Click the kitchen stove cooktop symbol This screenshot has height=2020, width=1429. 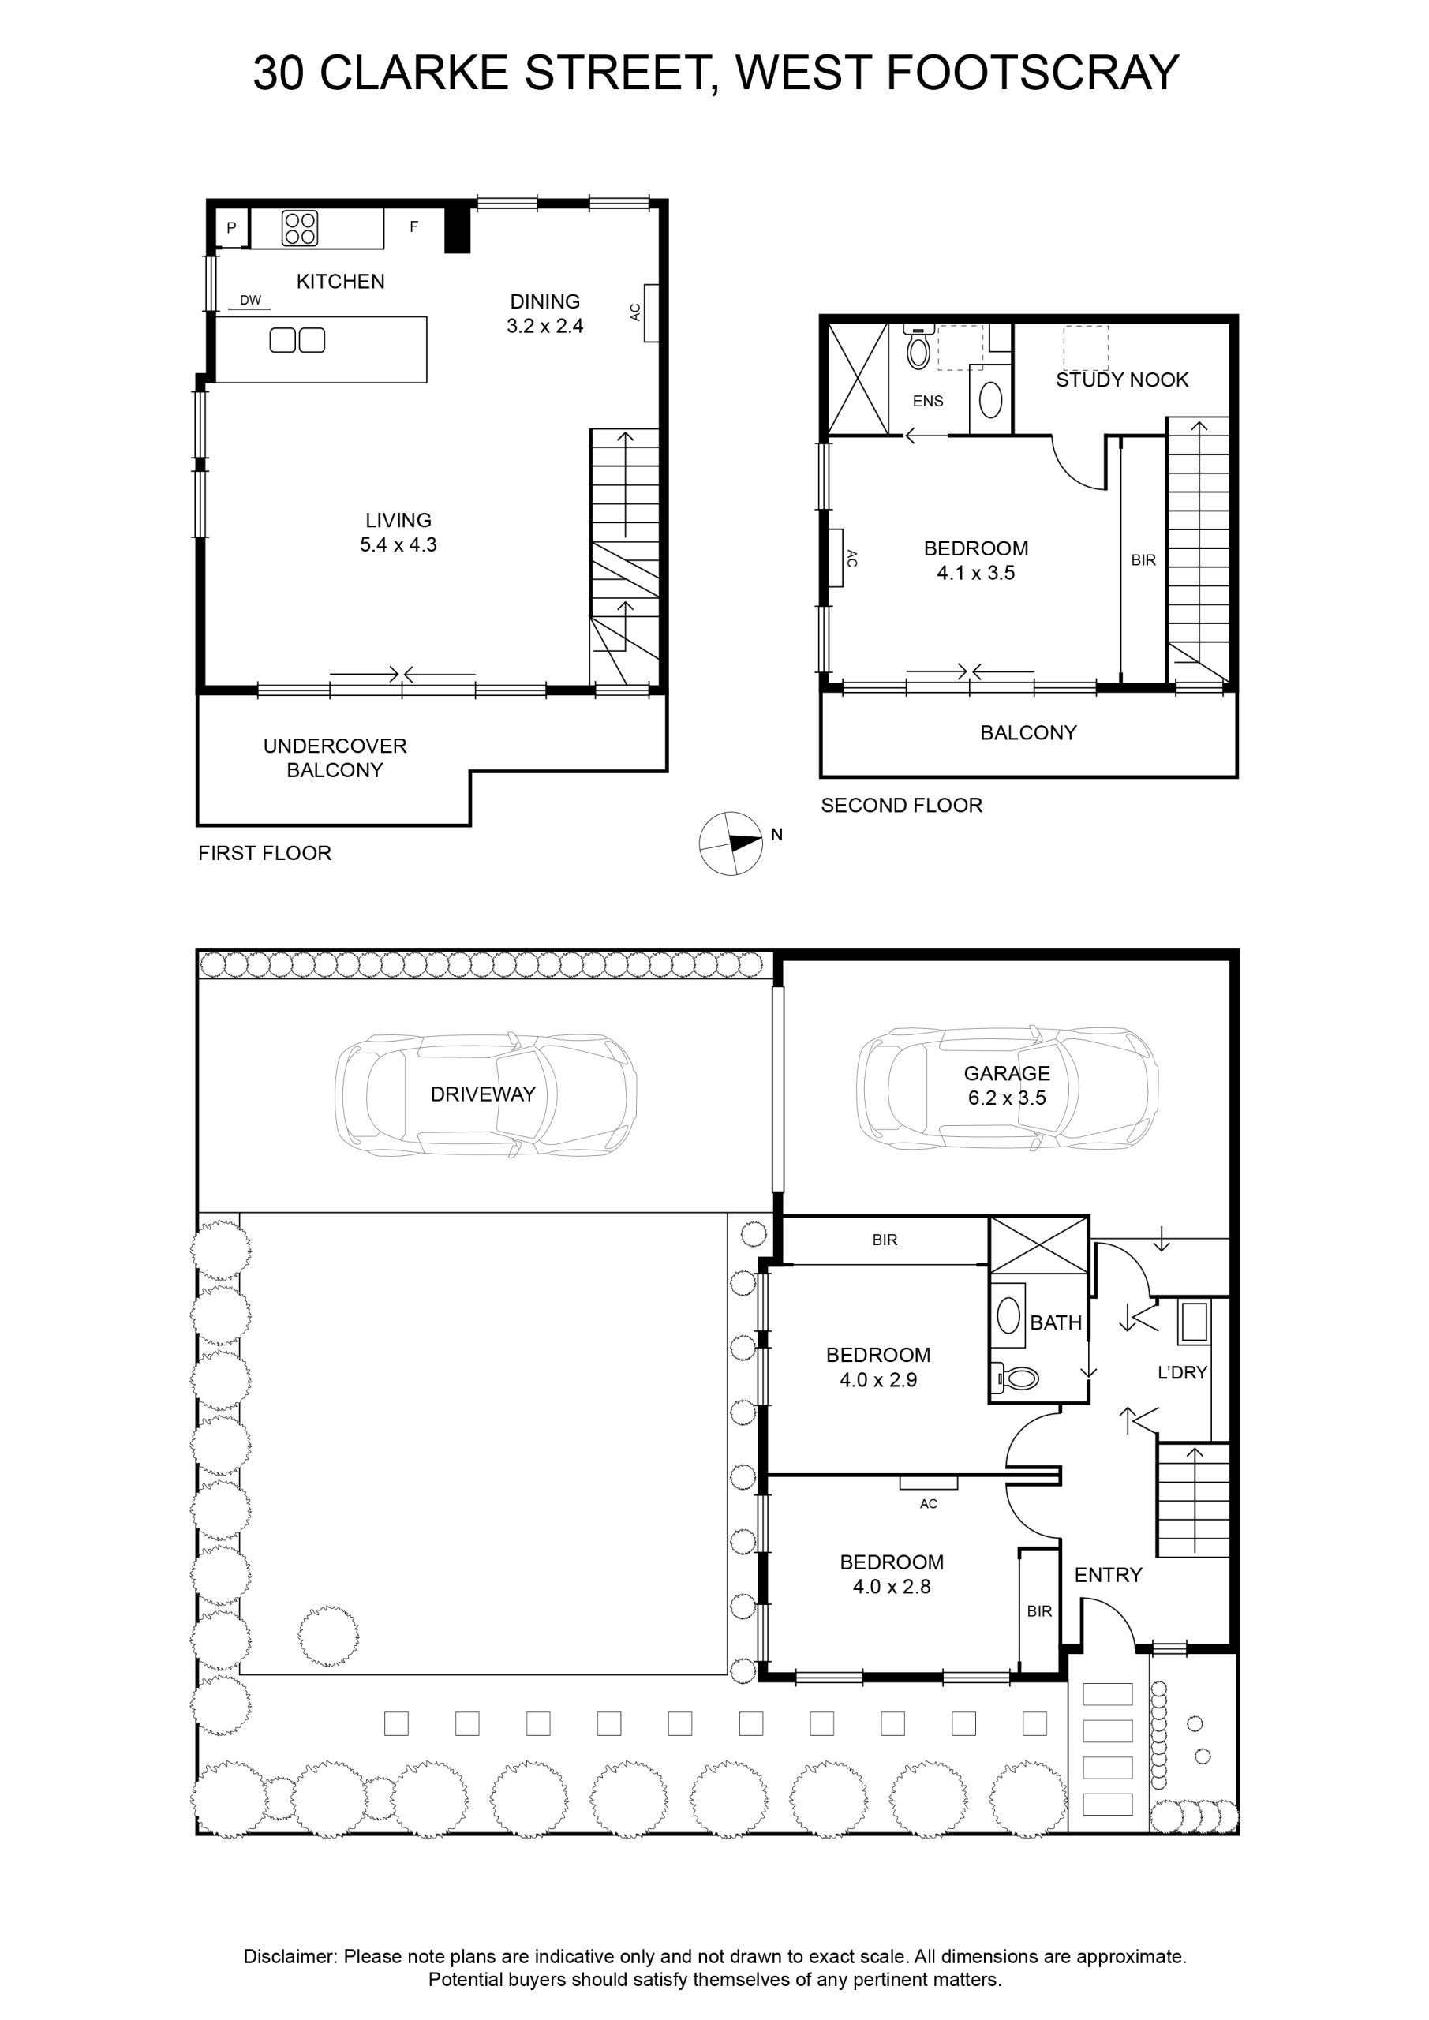point(299,229)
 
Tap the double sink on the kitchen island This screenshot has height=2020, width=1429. point(297,339)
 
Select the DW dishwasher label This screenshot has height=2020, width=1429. point(251,300)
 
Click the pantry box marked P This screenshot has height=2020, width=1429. point(231,228)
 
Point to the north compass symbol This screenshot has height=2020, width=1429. point(731,843)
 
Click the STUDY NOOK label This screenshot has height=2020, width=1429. point(1122,380)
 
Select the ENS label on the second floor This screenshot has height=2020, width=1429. point(927,401)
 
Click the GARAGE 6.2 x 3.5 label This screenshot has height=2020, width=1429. point(1007,1085)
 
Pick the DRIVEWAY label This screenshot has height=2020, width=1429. point(482,1094)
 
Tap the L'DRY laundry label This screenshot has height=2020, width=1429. point(1182,1371)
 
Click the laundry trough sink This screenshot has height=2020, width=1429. point(1194,1322)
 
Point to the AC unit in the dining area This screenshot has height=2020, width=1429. point(651,312)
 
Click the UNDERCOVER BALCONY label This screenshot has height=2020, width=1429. point(335,757)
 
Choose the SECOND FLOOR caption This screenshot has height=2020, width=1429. point(901,805)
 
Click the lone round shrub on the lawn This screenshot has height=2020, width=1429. point(327,1636)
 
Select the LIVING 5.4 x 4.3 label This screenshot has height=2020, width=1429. point(398,531)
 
